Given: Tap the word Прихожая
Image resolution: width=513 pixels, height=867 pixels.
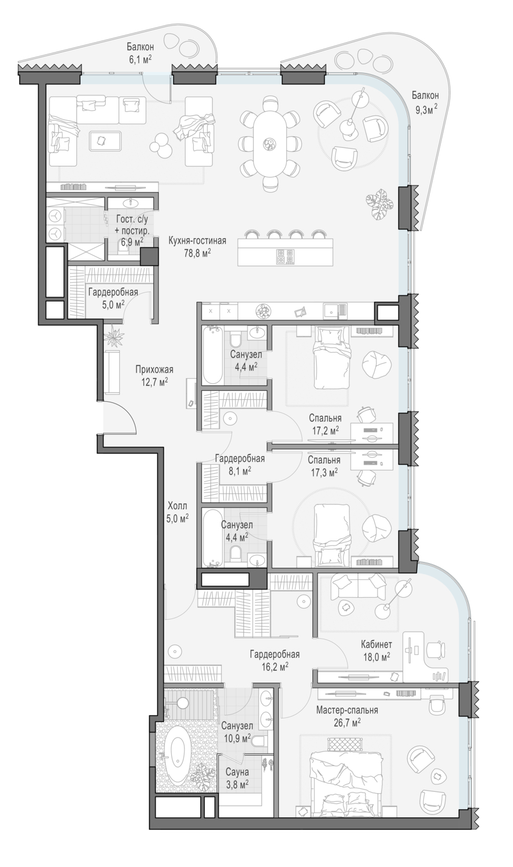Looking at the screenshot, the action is point(154,369).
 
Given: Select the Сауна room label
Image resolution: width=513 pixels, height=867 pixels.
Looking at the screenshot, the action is point(237,772).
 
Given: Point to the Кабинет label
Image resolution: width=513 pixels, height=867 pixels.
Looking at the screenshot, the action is point(377,644).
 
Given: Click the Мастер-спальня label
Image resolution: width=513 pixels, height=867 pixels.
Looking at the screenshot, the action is point(347,710).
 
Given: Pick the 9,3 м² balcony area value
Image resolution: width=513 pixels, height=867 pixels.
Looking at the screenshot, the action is point(426,109).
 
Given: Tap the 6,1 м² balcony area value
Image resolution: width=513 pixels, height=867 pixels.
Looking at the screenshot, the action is point(140,59).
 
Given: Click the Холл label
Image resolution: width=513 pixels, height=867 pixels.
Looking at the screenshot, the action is point(178,506).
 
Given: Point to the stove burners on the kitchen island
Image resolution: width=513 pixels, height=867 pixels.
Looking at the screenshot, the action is point(285,256).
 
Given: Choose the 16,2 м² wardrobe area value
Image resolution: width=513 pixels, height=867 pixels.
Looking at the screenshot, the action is point(275,666).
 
